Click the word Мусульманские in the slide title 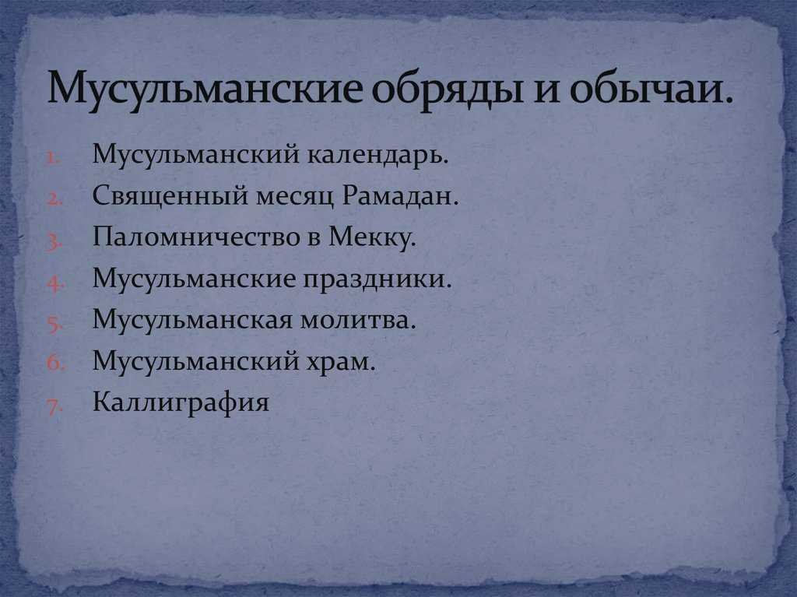click(x=205, y=87)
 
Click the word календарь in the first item click(x=378, y=155)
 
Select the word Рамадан click(x=400, y=196)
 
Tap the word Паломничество click(x=195, y=237)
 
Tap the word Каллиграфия click(x=181, y=402)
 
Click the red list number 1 click(x=53, y=159)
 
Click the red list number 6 click(x=54, y=363)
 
